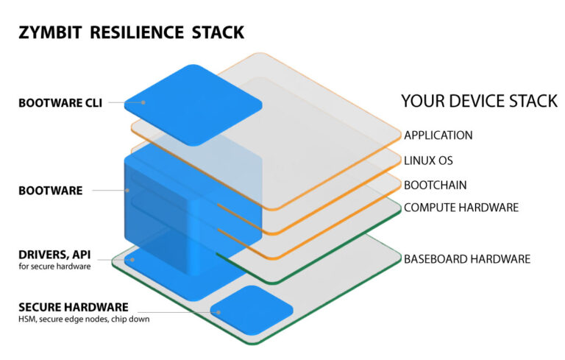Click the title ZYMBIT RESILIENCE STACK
pos(130,32)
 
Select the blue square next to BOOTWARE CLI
pos(193,104)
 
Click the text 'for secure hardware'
pos(54,267)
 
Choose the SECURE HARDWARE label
pos(74,307)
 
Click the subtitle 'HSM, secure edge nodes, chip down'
pos(83,319)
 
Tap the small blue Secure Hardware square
pos(251,310)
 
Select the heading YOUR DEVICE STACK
pos(479,101)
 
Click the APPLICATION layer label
pos(438,135)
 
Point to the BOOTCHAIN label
pos(436,184)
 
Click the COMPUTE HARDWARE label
pos(461,208)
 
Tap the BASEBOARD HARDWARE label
pos(467,259)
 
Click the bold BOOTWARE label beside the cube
pos(50,191)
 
